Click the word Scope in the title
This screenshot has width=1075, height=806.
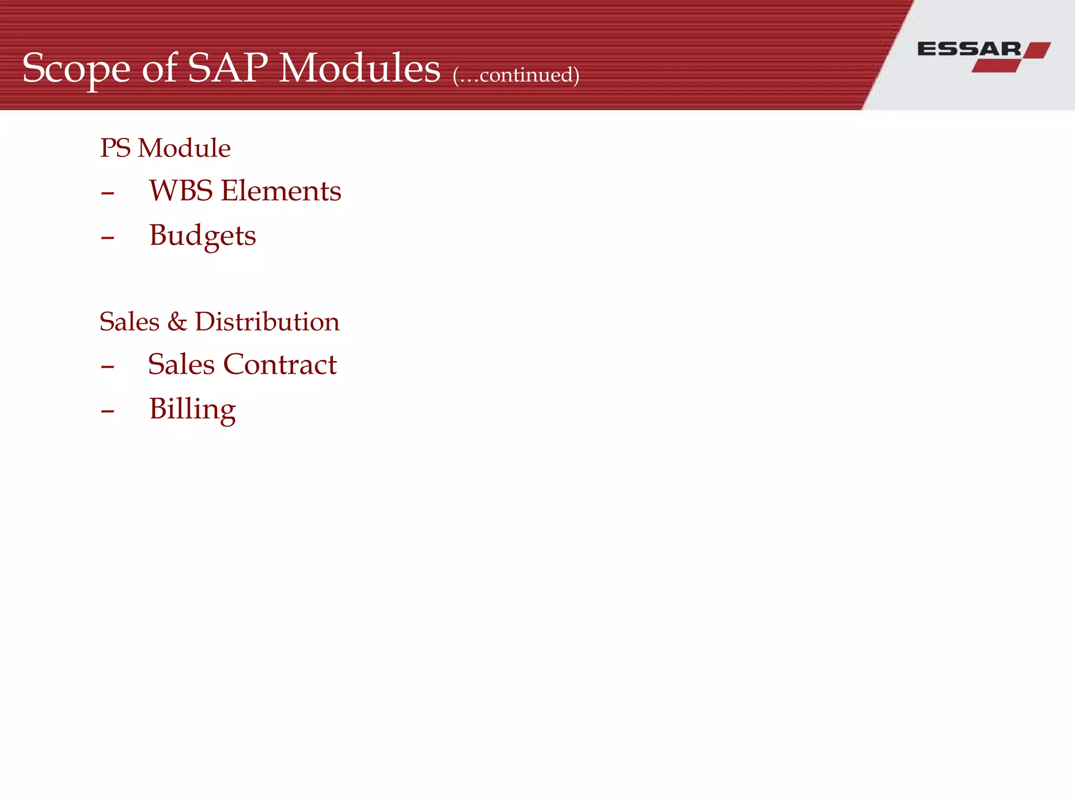pyautogui.click(x=76, y=69)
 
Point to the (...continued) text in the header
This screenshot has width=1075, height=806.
pyautogui.click(x=516, y=75)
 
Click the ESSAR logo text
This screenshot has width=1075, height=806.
pyautogui.click(x=969, y=49)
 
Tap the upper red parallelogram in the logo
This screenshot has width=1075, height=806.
pyautogui.click(x=1037, y=50)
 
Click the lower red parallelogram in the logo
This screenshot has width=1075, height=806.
pyautogui.click(x=996, y=66)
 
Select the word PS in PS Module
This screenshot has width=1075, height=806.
pyautogui.click(x=115, y=148)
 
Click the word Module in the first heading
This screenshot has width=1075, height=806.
pyautogui.click(x=184, y=148)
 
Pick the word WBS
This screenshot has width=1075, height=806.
pyautogui.click(x=181, y=190)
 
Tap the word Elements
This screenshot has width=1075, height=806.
pyautogui.click(x=281, y=190)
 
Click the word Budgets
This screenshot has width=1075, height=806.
pyautogui.click(x=203, y=236)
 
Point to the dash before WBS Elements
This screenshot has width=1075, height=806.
pyautogui.click(x=108, y=194)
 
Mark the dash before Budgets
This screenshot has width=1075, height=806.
pyautogui.click(x=108, y=238)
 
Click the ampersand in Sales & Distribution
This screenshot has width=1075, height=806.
pyautogui.click(x=177, y=322)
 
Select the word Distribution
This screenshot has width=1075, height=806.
pyautogui.click(x=267, y=322)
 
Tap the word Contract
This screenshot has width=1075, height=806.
pyautogui.click(x=280, y=364)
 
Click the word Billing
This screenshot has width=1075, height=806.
pyautogui.click(x=193, y=409)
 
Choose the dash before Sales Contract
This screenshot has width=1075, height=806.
pyautogui.click(x=108, y=367)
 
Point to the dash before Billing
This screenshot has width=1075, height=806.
pyautogui.click(x=108, y=411)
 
